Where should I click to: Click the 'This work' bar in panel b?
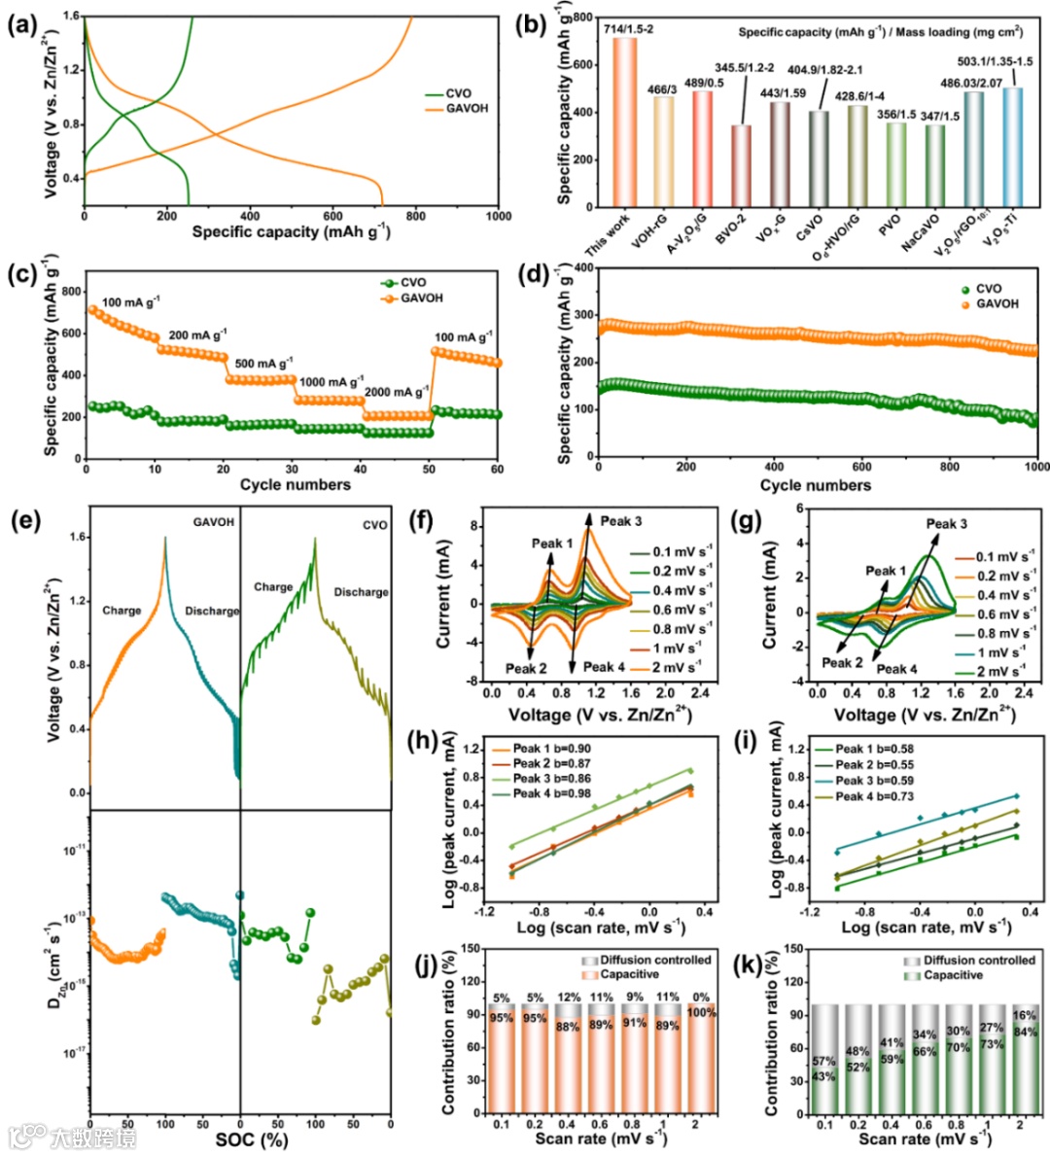[x=624, y=122]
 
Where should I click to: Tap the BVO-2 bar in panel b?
[x=741, y=165]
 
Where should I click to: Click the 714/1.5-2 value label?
[x=627, y=29]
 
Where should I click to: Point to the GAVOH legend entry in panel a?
[x=467, y=109]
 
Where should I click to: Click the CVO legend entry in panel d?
[x=988, y=289]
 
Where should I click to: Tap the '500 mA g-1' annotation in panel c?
[x=263, y=365]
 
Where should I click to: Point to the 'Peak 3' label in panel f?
[x=620, y=521]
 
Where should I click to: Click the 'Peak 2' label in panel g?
[x=842, y=663]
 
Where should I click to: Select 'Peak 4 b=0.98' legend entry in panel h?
[x=551, y=794]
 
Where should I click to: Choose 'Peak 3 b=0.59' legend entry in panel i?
[x=874, y=781]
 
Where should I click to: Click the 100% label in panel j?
[x=700, y=1012]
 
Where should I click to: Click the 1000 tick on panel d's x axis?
[x=1036, y=467]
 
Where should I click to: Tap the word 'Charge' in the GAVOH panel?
[x=122, y=611]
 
